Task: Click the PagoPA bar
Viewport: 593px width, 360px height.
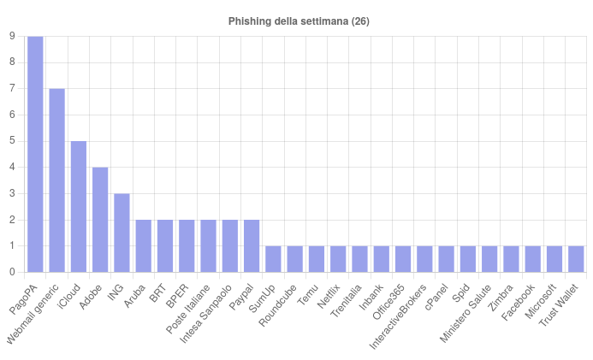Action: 35,154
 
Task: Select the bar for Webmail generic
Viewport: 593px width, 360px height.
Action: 56,180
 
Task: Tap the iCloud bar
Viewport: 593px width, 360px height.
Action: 79,207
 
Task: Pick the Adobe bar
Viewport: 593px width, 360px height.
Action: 100,220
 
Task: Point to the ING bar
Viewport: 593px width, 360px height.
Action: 122,233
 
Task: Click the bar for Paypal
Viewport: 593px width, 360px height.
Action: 252,246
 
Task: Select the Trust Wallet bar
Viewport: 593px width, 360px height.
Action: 576,259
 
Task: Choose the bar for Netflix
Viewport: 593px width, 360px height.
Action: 338,259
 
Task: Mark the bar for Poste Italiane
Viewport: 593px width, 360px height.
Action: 208,246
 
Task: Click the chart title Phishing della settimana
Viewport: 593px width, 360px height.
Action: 299,21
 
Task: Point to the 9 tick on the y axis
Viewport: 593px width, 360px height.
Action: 11,36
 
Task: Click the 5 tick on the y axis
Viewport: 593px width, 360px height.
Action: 11,141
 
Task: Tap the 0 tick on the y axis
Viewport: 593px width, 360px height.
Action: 11,273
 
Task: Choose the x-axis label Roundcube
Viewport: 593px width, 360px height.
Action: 279,304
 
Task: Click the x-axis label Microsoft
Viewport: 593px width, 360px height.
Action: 542,299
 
